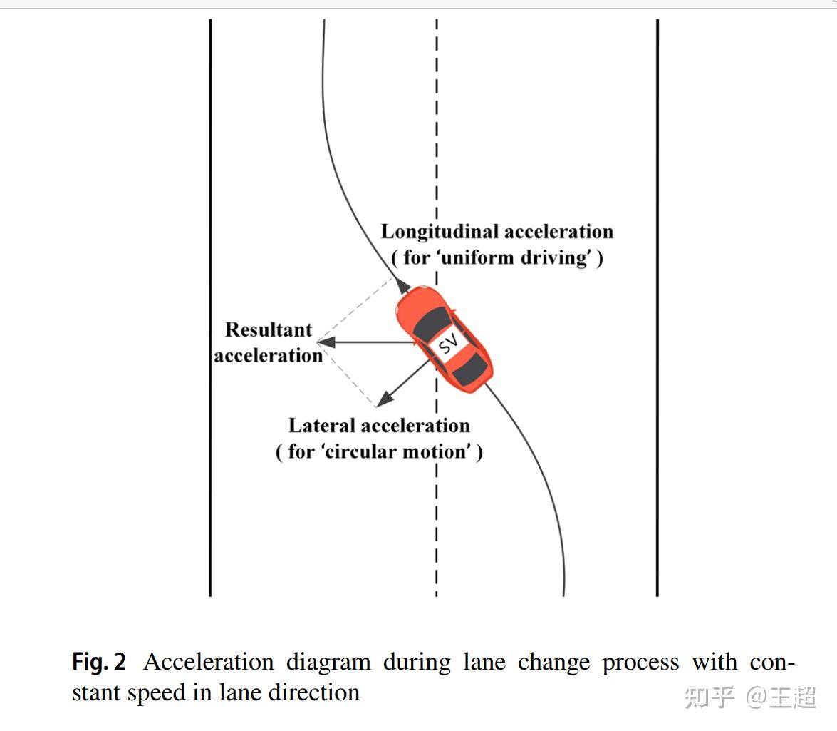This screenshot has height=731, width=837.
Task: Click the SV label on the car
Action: [448, 345]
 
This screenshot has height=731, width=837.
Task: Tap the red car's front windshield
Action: [432, 325]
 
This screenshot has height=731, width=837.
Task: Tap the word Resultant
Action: [269, 329]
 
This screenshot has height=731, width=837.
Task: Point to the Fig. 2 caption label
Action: [99, 662]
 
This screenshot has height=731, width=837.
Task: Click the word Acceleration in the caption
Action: [208, 662]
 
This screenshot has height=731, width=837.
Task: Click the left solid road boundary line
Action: [210, 307]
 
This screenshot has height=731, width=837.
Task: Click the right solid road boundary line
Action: [657, 307]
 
